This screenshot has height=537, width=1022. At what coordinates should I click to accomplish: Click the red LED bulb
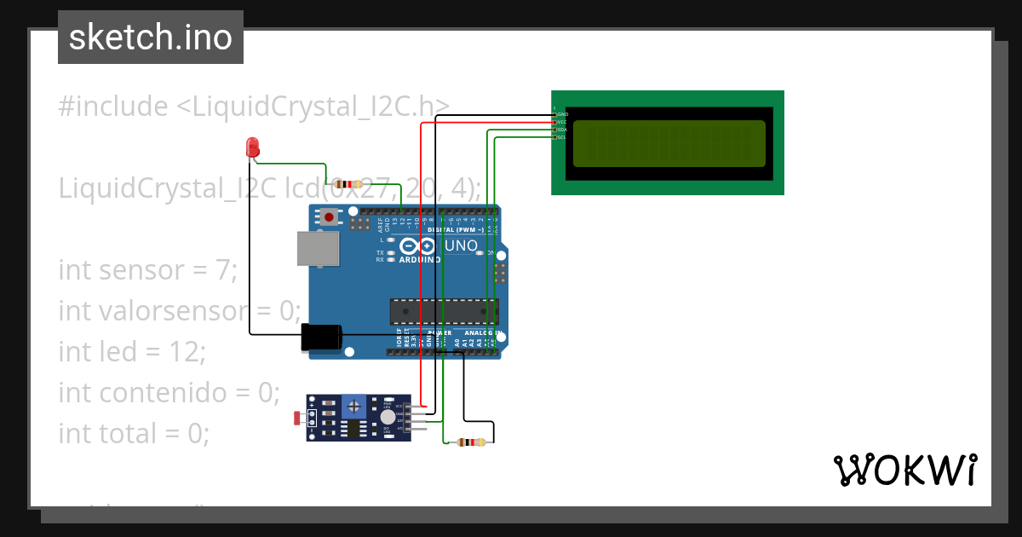click(252, 147)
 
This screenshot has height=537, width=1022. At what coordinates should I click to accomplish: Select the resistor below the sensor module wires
click(471, 442)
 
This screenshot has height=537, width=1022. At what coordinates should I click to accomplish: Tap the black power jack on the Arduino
click(321, 338)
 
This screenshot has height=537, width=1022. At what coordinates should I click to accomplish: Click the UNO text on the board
click(462, 246)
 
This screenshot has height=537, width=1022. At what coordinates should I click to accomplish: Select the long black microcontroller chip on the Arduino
click(443, 311)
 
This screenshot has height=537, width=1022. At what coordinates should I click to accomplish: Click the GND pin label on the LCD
click(562, 114)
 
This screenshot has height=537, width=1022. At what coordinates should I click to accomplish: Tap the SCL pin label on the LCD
click(562, 137)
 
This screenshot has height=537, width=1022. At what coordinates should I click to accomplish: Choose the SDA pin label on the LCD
click(562, 130)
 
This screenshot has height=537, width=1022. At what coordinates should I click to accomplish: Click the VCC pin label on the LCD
click(562, 122)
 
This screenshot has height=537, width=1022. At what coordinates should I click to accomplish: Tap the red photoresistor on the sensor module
click(296, 418)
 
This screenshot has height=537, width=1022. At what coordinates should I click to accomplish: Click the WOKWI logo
click(904, 470)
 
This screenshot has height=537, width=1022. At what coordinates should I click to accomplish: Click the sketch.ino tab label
click(151, 38)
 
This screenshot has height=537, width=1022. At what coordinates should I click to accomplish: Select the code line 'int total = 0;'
click(134, 433)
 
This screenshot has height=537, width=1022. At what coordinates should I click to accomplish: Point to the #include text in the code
click(113, 107)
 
